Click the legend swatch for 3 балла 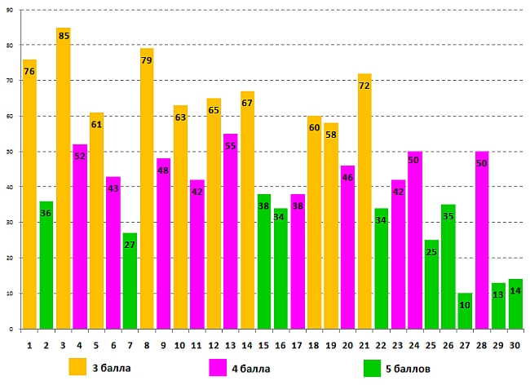tap(77, 367)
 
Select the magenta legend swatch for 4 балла tap(218, 367)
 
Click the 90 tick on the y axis tap(11, 9)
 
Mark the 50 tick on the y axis tap(11, 152)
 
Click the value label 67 tap(248, 103)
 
